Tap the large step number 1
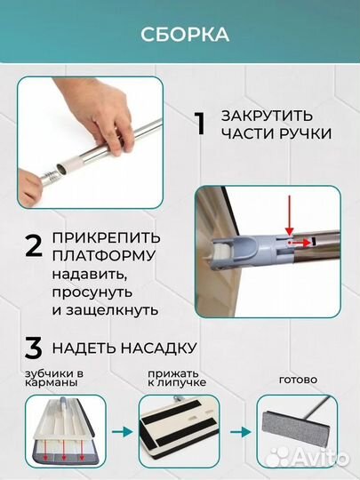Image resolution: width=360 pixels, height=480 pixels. coord(200,124)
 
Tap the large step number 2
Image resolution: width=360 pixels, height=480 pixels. coord(33,246)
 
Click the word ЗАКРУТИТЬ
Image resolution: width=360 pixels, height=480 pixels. coord(266,116)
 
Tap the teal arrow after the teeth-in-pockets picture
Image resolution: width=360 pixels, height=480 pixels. coord(119,433)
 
